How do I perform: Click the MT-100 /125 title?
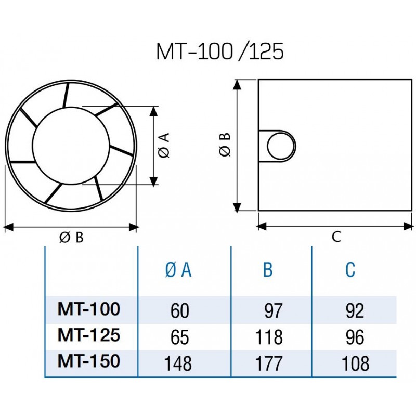point(220,52)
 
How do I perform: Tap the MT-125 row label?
point(88,335)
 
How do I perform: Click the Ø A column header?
point(178,270)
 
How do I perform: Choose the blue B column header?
point(268,270)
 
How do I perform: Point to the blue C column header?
point(350,270)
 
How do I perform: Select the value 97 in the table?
point(272,311)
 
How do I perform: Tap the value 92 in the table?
point(354,311)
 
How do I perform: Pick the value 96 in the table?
point(354,337)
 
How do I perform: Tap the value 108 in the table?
point(354,363)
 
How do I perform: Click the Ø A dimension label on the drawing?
point(163,146)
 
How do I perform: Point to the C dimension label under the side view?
point(336,238)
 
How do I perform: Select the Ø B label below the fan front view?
point(71,238)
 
